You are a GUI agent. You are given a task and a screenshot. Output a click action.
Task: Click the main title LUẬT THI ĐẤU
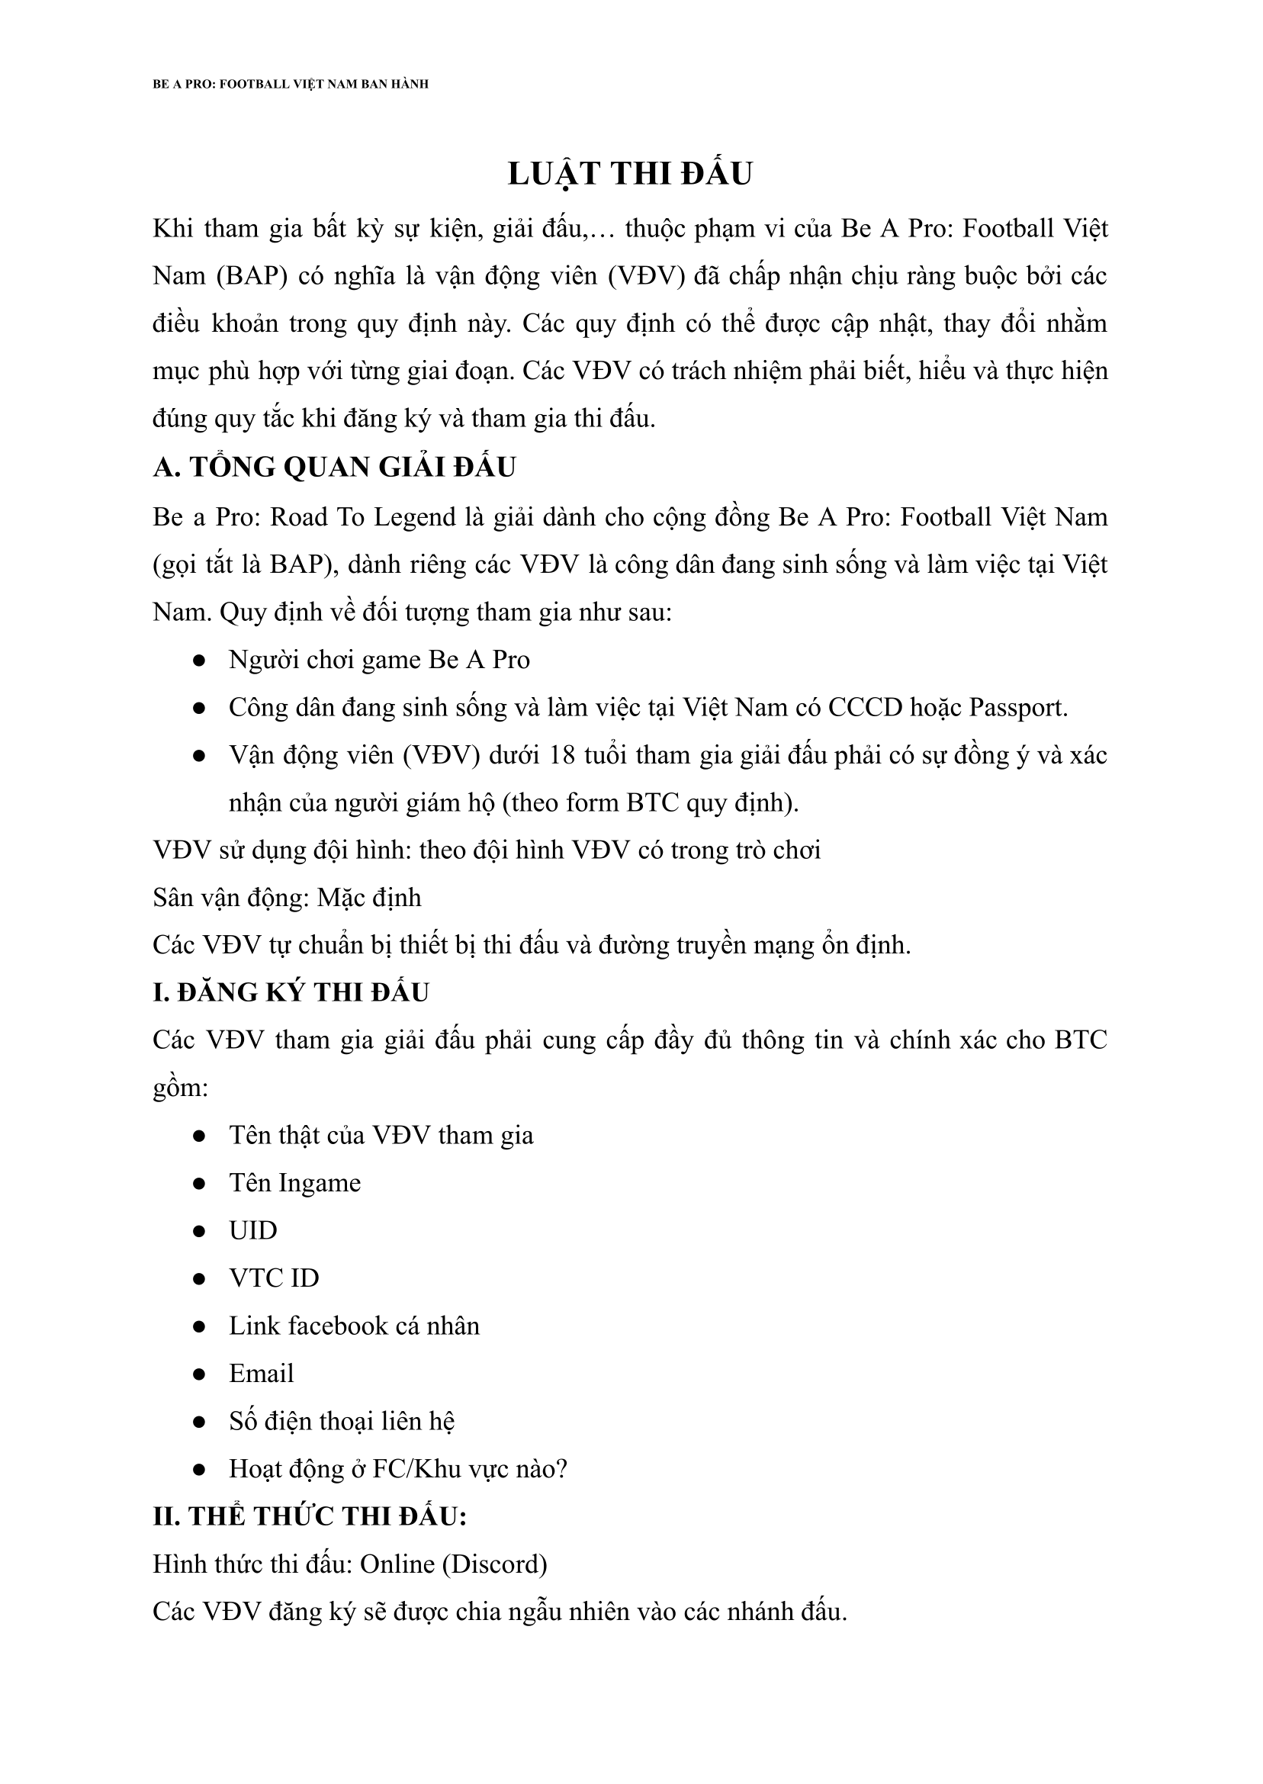point(630,173)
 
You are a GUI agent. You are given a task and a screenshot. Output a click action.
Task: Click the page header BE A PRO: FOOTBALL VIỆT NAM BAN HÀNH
point(290,84)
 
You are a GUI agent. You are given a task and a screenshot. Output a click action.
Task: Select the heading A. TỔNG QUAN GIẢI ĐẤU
point(334,467)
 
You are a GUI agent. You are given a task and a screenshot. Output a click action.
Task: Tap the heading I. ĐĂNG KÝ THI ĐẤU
point(291,992)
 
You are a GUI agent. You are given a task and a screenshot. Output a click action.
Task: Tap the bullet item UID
point(252,1230)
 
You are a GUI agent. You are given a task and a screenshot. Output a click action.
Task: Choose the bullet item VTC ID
point(274,1278)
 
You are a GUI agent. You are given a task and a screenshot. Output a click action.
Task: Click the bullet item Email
point(262,1373)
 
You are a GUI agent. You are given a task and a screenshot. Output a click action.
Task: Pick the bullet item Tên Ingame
point(294,1183)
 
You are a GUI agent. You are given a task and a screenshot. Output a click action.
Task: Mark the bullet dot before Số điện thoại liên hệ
point(199,1422)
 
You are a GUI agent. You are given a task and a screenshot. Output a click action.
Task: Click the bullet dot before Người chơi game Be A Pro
point(199,661)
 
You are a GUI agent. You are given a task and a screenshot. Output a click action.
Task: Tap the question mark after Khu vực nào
point(561,1468)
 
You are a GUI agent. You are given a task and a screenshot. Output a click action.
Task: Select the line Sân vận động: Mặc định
point(287,898)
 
